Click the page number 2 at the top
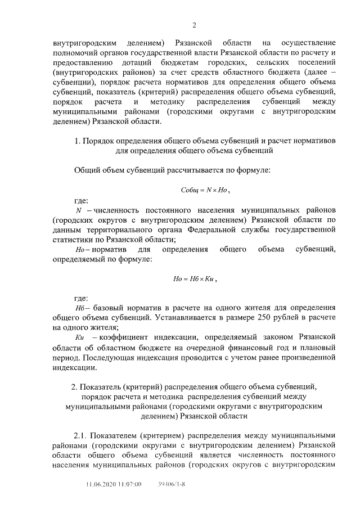pos(194,25)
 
